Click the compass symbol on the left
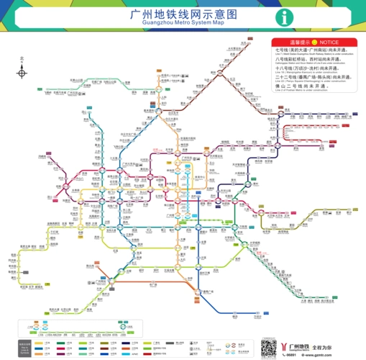point(22,73)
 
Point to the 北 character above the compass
point(22,60)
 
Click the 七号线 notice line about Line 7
point(309,50)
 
